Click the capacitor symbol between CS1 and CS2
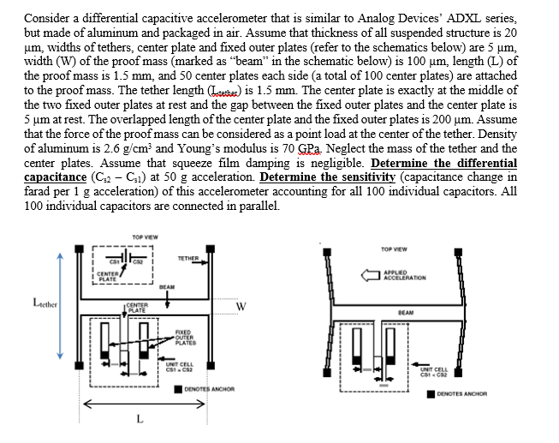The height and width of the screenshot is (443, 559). point(129,257)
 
